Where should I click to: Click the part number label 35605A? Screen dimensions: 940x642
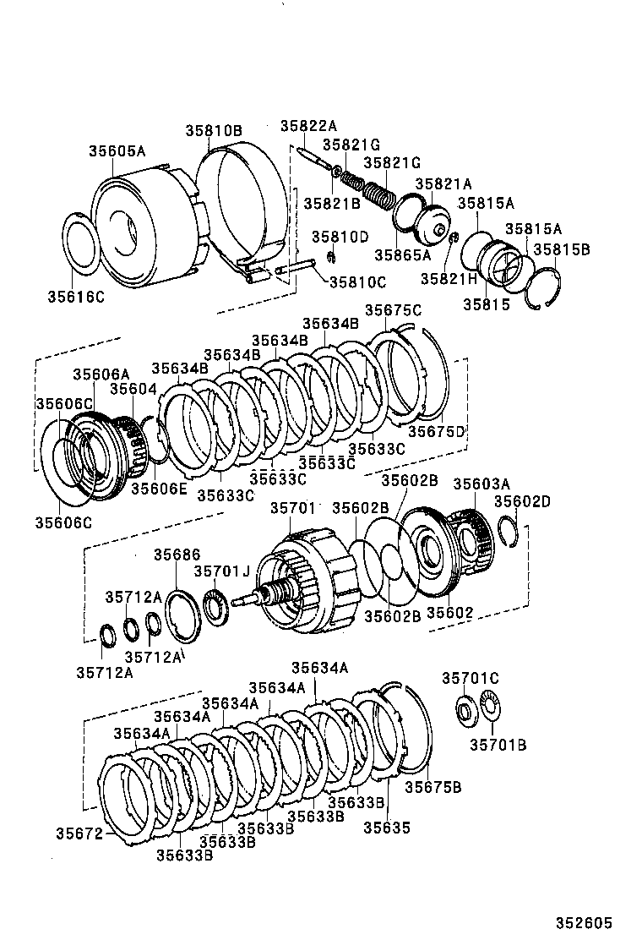pyautogui.click(x=117, y=151)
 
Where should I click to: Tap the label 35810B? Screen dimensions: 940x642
pyautogui.click(x=214, y=130)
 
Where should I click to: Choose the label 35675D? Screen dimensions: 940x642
pyautogui.click(x=437, y=431)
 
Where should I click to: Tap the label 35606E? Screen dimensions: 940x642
pyautogui.click(x=159, y=488)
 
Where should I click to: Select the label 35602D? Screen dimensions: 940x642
pyautogui.click(x=522, y=501)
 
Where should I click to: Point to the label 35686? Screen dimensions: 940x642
pyautogui.click(x=177, y=555)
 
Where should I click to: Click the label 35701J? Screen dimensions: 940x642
pyautogui.click(x=221, y=571)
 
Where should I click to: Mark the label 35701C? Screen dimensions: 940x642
pyautogui.click(x=471, y=678)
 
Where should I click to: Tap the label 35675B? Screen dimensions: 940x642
pyautogui.click(x=433, y=788)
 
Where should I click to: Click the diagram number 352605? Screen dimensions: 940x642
pyautogui.click(x=583, y=923)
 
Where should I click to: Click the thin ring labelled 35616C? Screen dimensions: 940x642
pyautogui.click(x=82, y=243)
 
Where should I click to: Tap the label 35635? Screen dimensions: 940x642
pyautogui.click(x=387, y=828)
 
